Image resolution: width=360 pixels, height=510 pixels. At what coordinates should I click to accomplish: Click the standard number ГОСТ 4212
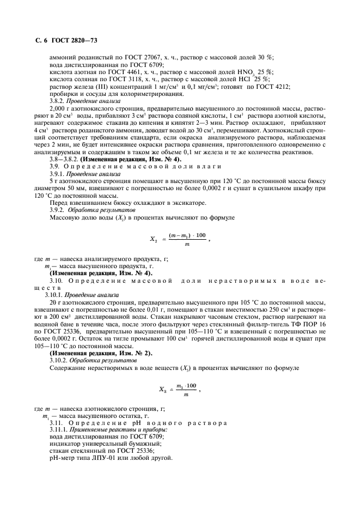(274, 87)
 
